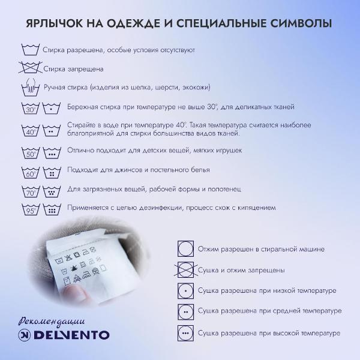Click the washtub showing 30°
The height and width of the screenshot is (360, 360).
31,109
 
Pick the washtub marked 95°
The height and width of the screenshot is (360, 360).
31,209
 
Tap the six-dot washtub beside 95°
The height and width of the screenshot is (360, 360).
52,209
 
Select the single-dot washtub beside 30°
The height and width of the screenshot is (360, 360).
52,109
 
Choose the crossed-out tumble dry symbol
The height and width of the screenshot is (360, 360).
186,270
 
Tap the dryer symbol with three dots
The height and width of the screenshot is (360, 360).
186,333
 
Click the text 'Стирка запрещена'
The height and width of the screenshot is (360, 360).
74,69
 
